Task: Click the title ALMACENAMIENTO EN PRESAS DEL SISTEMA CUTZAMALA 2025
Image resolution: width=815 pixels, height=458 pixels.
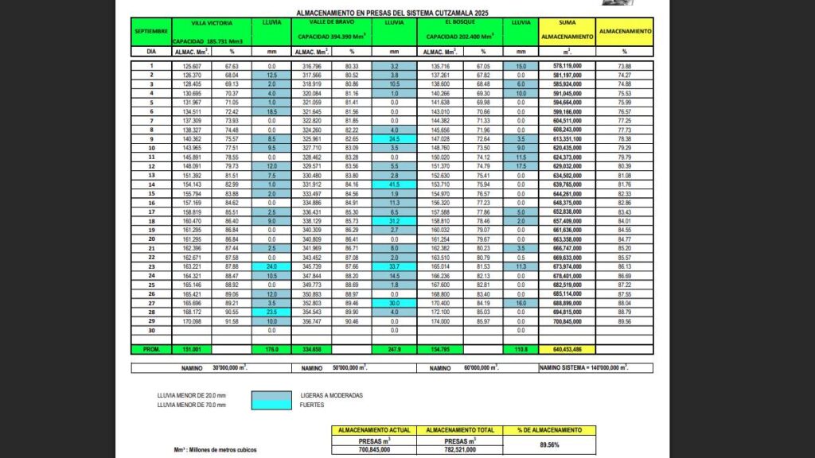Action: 392,14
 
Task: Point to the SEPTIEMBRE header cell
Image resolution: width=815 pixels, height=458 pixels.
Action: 150,30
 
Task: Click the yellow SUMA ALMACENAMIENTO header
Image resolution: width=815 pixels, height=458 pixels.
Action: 567,30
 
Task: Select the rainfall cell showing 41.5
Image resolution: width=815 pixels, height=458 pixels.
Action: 393,184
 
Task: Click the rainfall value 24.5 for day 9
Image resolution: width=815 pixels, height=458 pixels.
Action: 393,138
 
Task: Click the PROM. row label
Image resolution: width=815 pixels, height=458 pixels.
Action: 150,349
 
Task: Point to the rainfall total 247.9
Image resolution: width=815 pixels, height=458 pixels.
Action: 393,349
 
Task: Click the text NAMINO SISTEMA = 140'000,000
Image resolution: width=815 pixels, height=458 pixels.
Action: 583,368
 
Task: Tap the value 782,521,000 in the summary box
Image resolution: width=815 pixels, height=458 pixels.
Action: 459,449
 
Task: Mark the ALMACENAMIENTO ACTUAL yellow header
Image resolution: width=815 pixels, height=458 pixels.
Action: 373,430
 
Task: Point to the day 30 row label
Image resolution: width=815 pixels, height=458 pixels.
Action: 150,330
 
